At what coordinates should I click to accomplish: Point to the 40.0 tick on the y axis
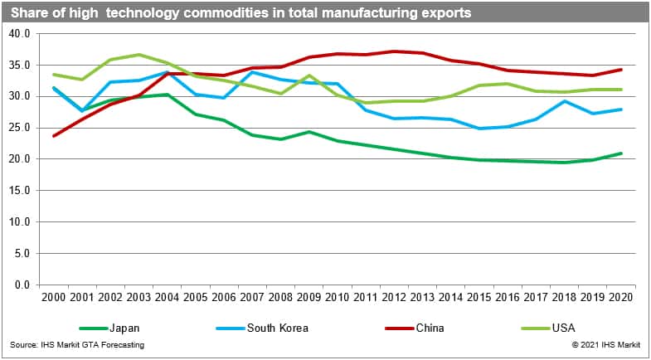(x=18, y=33)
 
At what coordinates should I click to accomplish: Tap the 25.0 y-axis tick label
(x=18, y=128)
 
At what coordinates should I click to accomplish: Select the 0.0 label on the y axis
(x=21, y=285)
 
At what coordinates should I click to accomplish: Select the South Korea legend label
(x=278, y=328)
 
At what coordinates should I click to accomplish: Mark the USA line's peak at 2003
(x=138, y=55)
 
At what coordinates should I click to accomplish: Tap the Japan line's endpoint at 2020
(x=621, y=153)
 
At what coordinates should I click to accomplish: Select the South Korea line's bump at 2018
(x=565, y=101)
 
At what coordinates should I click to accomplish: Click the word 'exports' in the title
(x=445, y=13)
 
